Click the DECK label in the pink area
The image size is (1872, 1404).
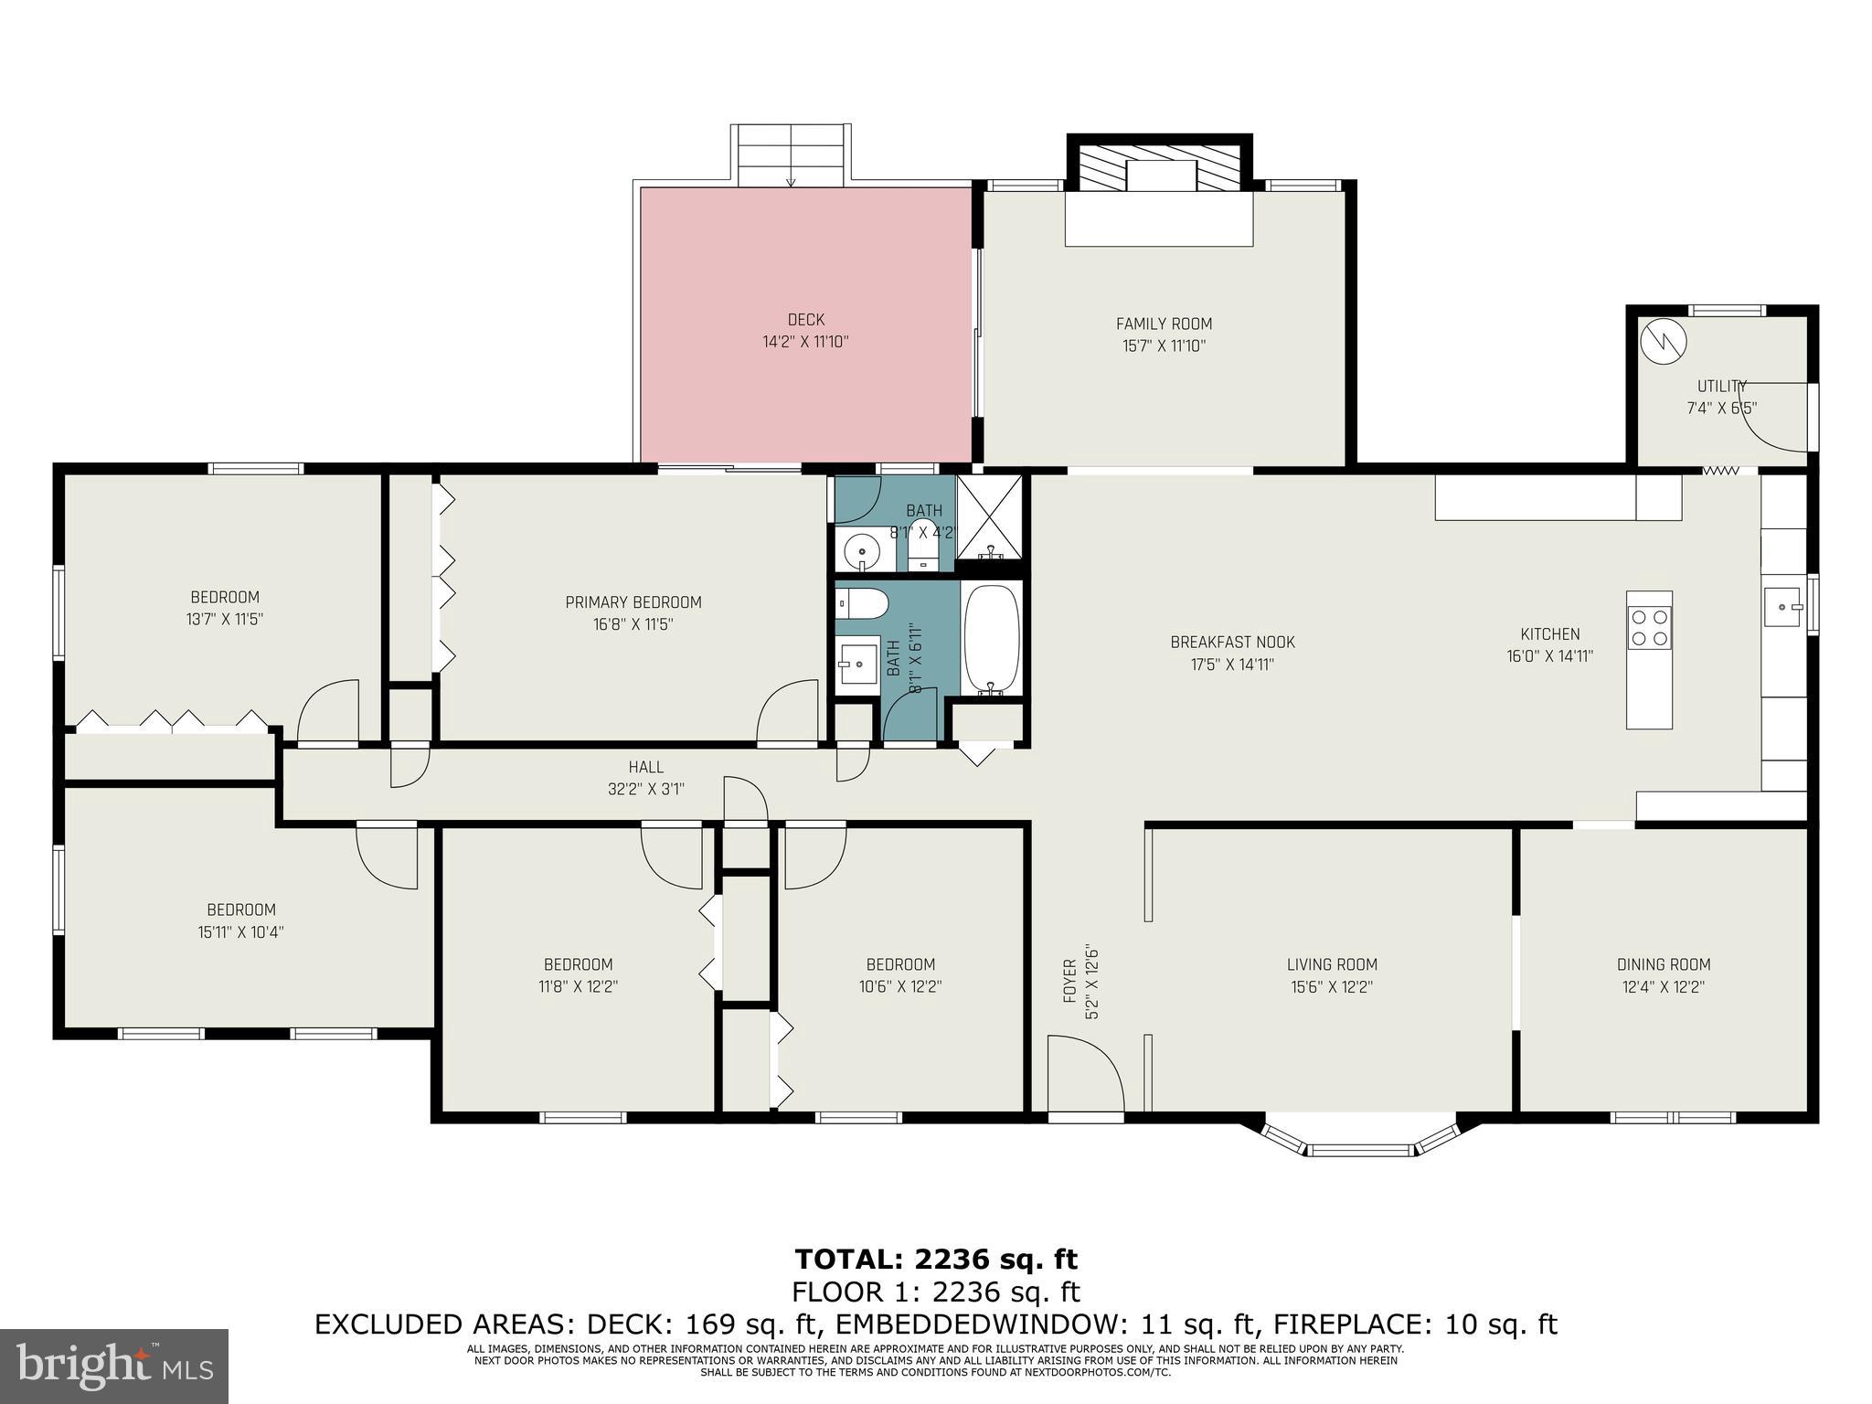click(805, 320)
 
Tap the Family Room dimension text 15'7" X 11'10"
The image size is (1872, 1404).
click(1164, 346)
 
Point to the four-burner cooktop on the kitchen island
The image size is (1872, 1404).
click(1649, 627)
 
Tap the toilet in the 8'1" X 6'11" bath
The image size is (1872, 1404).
click(863, 604)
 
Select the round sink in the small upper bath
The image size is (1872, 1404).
click(861, 551)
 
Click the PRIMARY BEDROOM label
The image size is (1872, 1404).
click(633, 602)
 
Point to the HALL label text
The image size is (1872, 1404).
click(645, 768)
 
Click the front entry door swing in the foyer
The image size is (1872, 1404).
click(1084, 1073)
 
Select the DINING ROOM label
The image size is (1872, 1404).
click(1663, 964)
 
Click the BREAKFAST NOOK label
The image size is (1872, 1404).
click(1232, 643)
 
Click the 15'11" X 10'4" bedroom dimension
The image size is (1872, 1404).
click(240, 932)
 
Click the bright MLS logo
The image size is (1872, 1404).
click(114, 1367)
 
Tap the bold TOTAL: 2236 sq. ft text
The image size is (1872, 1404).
click(936, 1260)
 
